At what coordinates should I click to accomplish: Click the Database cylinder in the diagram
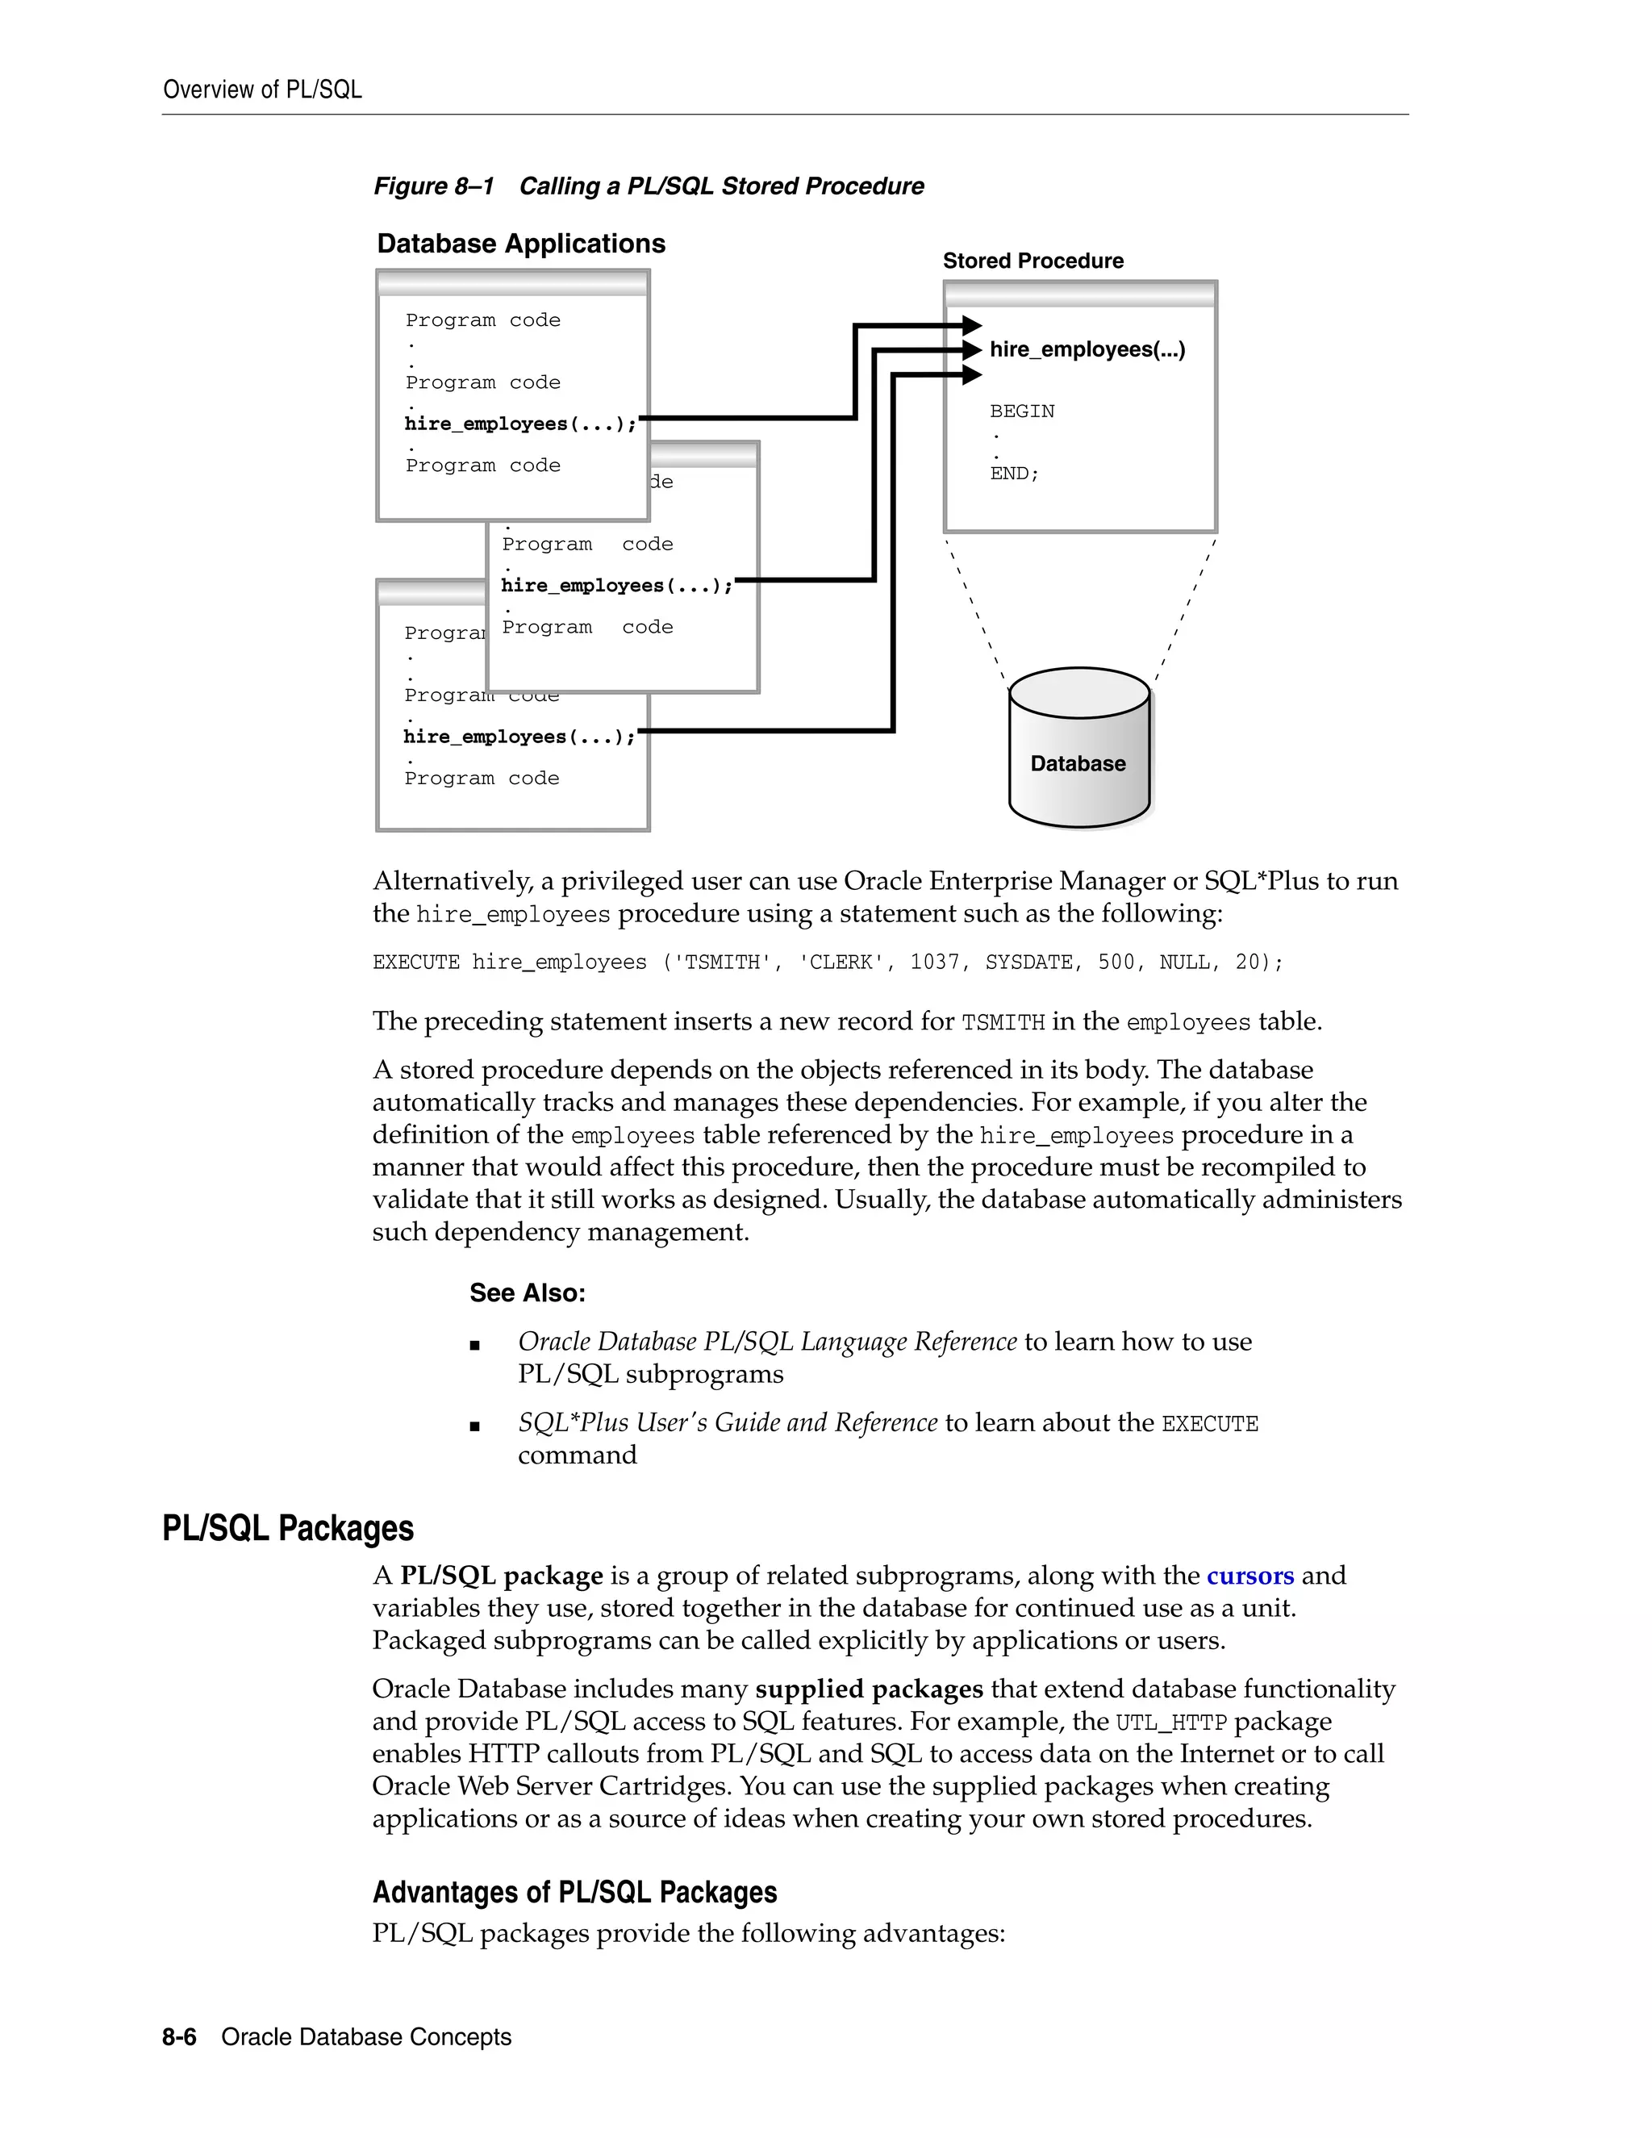click(1078, 749)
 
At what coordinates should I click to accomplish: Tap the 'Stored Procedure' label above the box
click(1032, 261)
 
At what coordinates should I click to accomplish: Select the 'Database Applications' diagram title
click(520, 244)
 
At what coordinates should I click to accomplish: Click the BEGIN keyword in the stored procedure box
click(1022, 411)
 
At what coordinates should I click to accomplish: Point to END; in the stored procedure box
click(1014, 474)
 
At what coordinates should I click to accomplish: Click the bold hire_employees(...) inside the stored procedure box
click(1087, 349)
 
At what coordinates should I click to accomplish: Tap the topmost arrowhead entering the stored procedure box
click(971, 325)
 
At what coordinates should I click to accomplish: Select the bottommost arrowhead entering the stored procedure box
click(971, 374)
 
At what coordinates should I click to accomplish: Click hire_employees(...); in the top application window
click(519, 424)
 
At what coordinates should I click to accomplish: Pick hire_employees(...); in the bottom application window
click(519, 737)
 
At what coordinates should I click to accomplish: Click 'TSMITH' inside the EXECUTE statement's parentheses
click(727, 963)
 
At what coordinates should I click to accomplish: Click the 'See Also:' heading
click(527, 1293)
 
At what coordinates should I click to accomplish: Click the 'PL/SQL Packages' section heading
click(288, 1528)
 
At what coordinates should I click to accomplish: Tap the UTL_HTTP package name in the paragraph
click(1170, 1722)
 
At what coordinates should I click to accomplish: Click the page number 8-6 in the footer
click(179, 2037)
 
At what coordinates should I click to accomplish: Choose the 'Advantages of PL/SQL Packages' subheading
click(574, 1892)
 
